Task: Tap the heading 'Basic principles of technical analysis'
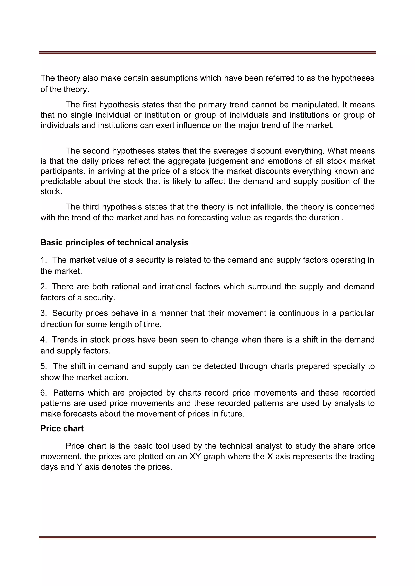[114, 243]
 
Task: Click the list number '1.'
[44, 260]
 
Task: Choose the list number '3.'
[44, 313]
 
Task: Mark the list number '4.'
[44, 340]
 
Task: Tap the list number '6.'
[44, 393]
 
